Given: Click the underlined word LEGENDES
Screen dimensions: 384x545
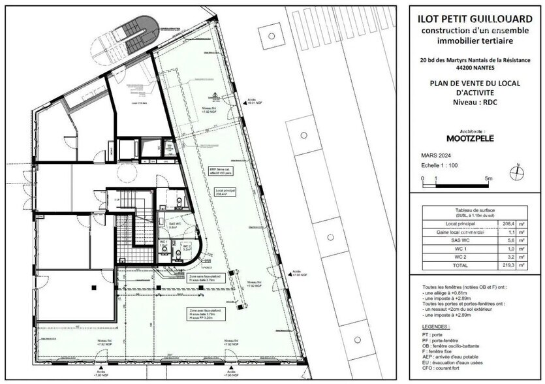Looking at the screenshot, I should click(435, 326).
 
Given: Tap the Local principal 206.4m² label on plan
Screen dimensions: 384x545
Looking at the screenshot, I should click(225, 193).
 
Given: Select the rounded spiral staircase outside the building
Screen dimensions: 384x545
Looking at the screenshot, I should click(131, 36).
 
